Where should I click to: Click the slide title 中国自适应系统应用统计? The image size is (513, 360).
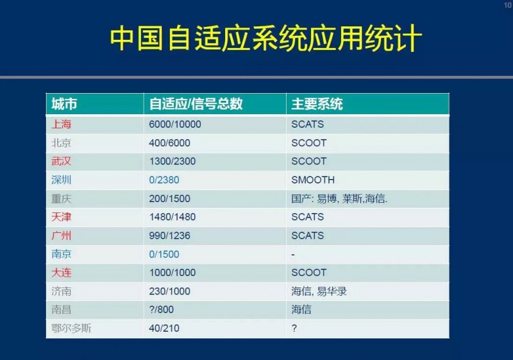point(265,39)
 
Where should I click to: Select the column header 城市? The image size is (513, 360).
point(64,104)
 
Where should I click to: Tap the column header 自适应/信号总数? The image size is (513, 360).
point(196,104)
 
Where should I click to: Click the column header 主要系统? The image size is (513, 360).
point(317,104)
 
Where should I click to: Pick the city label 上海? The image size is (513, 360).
point(61,124)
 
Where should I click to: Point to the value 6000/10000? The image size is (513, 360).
point(174,124)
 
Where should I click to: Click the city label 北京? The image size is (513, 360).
point(61,143)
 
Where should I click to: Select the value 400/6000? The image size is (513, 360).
point(169,143)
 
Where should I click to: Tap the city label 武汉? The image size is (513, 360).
point(61,161)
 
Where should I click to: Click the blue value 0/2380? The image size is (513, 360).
point(164,180)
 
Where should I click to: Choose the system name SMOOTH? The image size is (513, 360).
point(313,180)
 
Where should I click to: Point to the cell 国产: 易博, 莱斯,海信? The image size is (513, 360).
point(339,199)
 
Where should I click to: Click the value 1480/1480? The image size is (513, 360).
point(172,217)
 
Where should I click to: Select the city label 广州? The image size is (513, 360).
point(61,236)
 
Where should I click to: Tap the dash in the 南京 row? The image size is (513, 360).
point(293,255)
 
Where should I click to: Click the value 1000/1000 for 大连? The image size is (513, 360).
point(172,273)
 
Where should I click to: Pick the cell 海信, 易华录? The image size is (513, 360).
point(319,291)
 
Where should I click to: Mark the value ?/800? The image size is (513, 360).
point(162,309)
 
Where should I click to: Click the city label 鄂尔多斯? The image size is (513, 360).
point(71,329)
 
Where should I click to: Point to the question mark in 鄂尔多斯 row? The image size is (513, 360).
point(294,329)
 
